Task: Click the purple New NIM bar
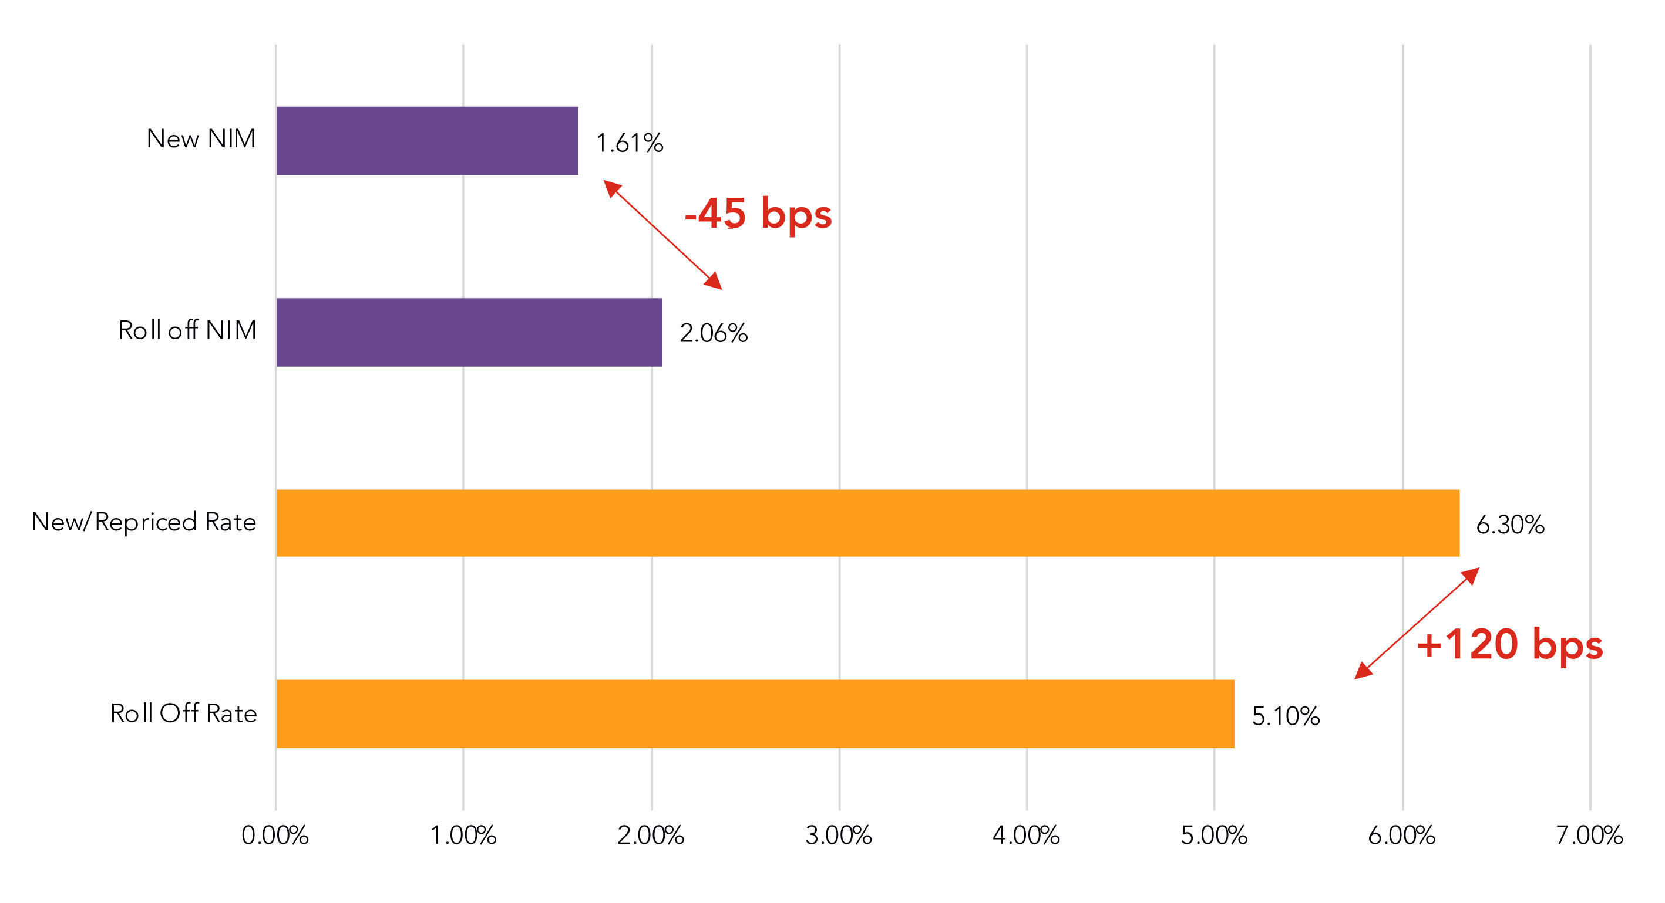(x=427, y=141)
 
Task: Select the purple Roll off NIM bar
(x=469, y=332)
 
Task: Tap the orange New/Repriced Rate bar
(x=868, y=523)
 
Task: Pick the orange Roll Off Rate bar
(x=756, y=713)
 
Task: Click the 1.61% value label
(x=630, y=143)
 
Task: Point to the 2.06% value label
(x=714, y=333)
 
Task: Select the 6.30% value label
(x=1511, y=525)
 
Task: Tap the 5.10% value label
(x=1286, y=716)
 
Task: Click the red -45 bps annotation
(x=758, y=214)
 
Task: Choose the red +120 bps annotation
(x=1510, y=645)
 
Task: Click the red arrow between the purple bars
(x=662, y=235)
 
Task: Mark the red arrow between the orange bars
(x=1417, y=623)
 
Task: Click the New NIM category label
(x=201, y=139)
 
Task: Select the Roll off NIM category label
(x=187, y=330)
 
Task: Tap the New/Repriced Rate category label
(x=143, y=522)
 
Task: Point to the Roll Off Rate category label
(x=184, y=713)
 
